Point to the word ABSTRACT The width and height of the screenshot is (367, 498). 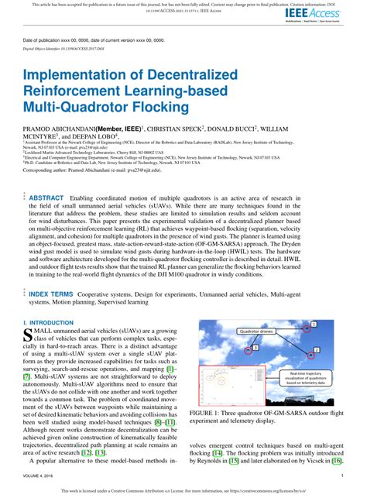tap(57, 197)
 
